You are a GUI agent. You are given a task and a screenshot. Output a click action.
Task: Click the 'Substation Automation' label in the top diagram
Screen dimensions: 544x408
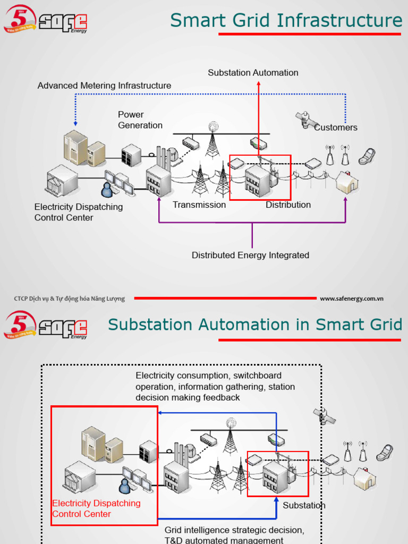[x=253, y=73]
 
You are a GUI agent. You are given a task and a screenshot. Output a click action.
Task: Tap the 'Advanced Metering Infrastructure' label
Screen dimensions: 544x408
[x=104, y=86]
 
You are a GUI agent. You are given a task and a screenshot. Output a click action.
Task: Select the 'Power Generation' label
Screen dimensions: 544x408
[x=140, y=120]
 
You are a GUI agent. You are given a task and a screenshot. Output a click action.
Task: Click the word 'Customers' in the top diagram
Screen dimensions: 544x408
[x=336, y=127]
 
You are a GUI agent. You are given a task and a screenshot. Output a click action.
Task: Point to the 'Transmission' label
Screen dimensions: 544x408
[x=199, y=205]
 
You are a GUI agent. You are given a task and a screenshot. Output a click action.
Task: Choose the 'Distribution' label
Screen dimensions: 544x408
[x=288, y=205]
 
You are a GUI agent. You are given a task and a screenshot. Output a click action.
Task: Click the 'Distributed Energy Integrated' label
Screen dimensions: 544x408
[x=250, y=256]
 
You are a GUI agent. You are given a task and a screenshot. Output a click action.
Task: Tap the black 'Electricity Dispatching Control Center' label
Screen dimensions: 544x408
[x=78, y=212]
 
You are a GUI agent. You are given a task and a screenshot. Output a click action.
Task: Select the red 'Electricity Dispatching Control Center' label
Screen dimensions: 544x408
[x=96, y=508]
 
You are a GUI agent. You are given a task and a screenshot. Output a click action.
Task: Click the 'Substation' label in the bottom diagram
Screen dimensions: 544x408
[x=304, y=505]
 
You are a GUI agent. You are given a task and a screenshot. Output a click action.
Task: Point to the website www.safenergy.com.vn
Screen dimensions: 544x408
[x=351, y=299]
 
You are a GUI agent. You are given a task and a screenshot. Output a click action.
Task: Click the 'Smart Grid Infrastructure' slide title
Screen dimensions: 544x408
[x=286, y=21]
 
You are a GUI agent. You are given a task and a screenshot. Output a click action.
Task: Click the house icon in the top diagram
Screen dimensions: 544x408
[x=347, y=183]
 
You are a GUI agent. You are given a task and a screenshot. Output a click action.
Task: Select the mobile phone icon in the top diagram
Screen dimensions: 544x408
[x=367, y=157]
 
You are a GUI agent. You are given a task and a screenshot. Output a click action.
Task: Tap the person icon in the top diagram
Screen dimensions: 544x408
[x=107, y=190]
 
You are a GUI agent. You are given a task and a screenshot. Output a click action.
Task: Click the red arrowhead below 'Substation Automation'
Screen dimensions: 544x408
[x=258, y=83]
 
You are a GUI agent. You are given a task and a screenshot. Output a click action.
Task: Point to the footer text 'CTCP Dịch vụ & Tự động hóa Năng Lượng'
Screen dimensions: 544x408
[x=69, y=299]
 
